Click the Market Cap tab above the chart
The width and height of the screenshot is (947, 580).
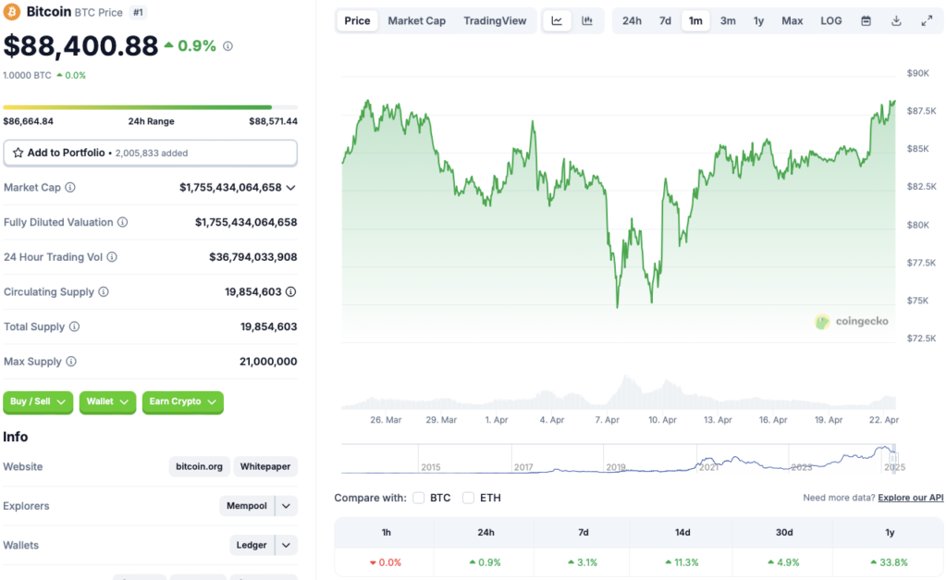point(416,20)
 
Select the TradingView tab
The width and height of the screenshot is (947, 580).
point(495,20)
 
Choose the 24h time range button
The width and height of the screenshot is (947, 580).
point(632,20)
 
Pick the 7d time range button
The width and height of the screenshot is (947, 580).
point(665,20)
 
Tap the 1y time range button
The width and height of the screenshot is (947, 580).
point(758,20)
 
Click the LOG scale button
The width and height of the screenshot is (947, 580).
point(831,20)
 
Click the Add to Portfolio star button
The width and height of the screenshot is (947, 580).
point(150,153)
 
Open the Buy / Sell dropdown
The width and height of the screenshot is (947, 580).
point(38,401)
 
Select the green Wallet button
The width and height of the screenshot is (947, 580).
point(107,401)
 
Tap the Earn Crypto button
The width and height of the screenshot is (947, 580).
point(182,401)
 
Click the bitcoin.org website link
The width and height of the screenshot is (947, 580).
point(200,466)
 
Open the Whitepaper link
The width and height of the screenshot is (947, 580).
point(265,466)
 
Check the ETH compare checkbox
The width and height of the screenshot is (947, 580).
point(468,498)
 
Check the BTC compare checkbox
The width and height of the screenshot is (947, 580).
point(419,498)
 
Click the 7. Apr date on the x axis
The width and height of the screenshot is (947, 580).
point(607,419)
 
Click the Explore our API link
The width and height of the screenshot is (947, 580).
point(911,498)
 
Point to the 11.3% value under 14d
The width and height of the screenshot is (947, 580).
point(682,562)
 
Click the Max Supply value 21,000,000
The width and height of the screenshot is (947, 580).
point(268,362)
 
